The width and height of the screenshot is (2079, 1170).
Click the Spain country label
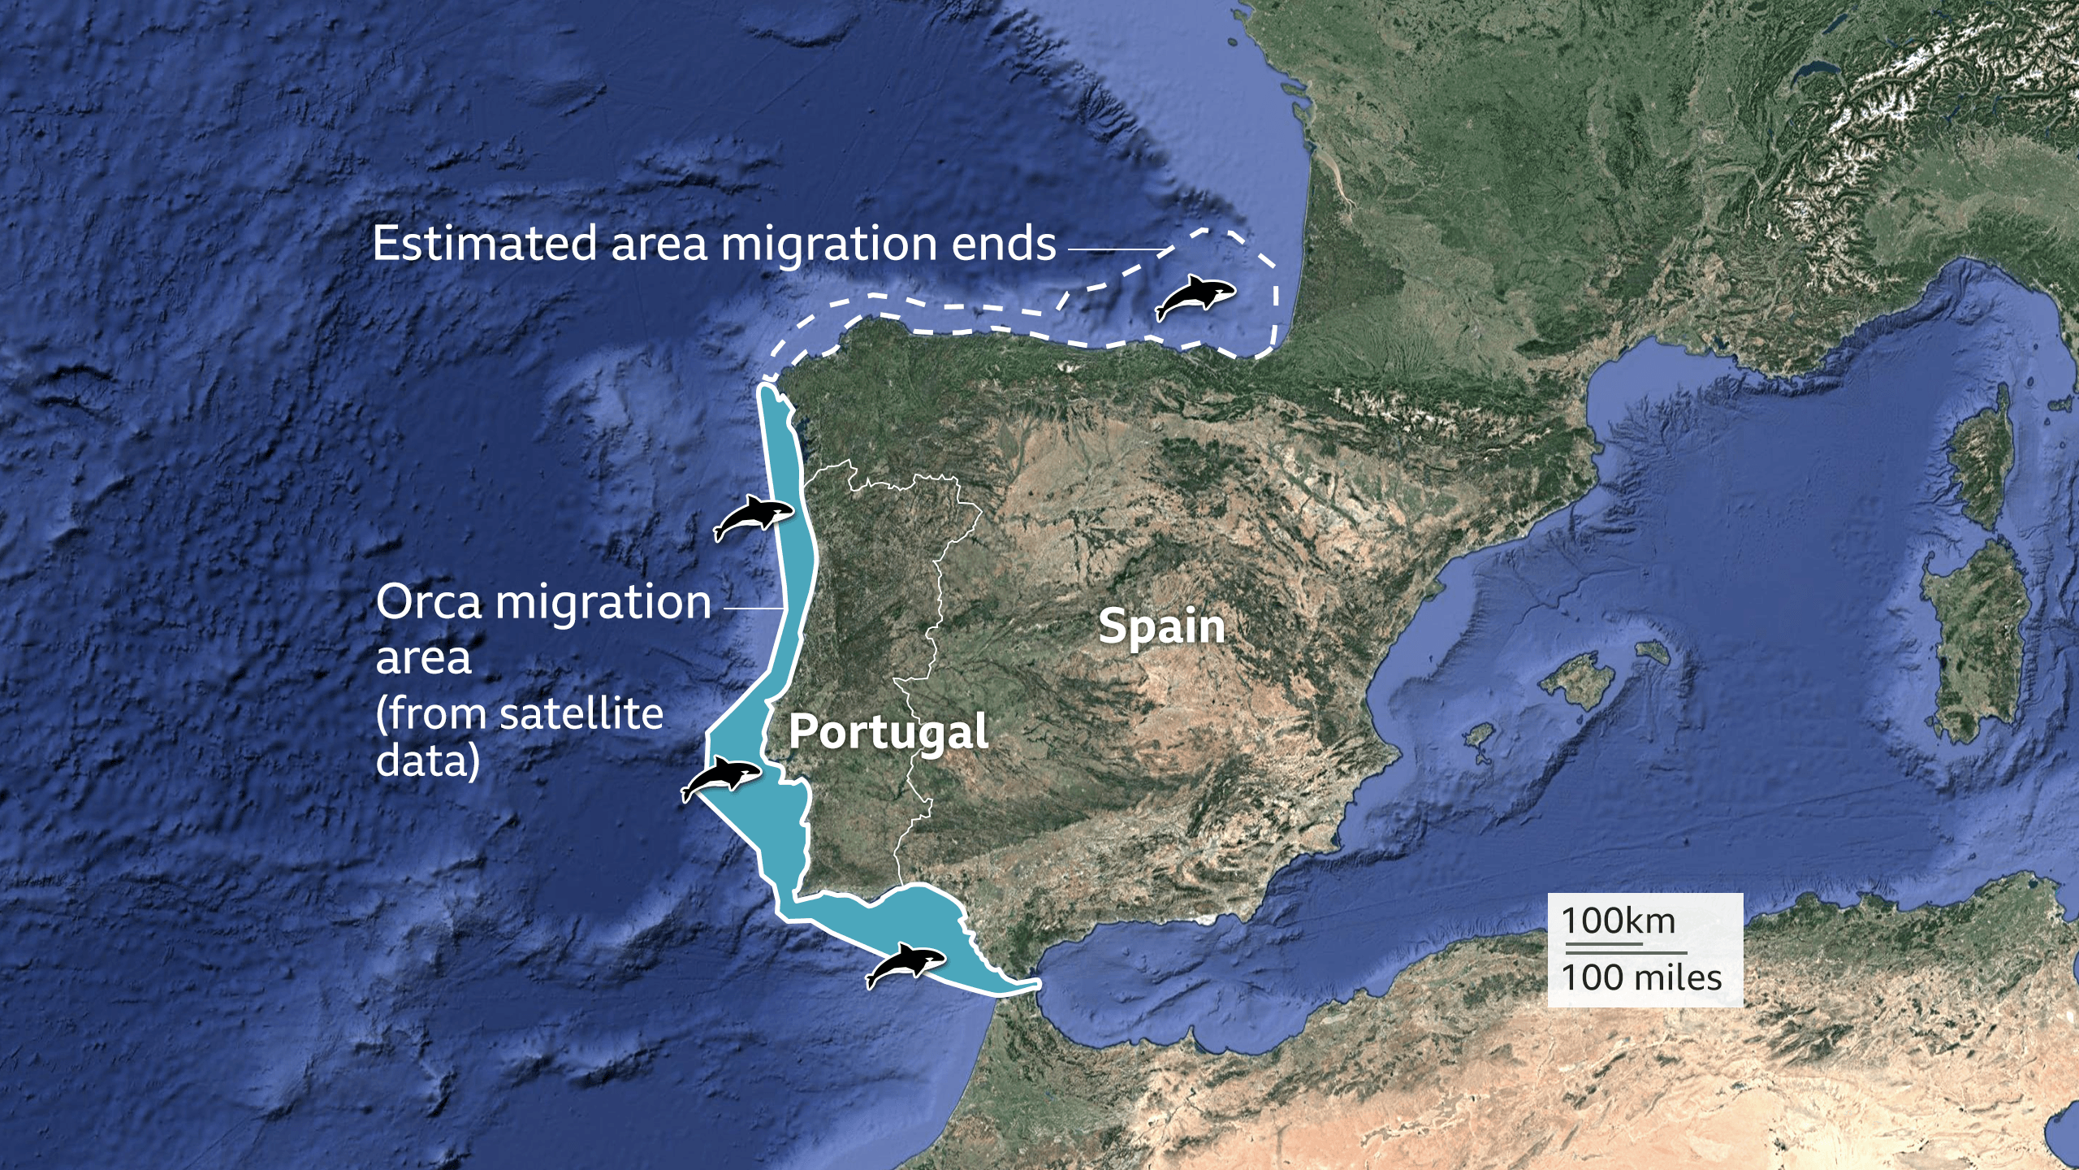(x=1161, y=627)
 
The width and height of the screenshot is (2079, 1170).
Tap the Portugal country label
(x=888, y=732)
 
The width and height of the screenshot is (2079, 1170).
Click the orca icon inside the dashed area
(x=1195, y=297)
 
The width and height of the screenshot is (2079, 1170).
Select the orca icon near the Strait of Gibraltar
(x=906, y=965)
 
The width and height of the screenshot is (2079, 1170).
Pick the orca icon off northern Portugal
(x=753, y=517)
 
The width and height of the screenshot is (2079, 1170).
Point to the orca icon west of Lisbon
(x=720, y=778)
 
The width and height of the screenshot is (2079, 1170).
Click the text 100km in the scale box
(x=1618, y=921)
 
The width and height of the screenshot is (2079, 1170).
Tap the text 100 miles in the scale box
(x=1641, y=977)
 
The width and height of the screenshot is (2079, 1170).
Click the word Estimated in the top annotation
(x=485, y=244)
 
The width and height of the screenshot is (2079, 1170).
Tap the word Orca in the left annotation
(x=428, y=603)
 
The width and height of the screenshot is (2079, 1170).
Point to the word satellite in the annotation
(x=581, y=715)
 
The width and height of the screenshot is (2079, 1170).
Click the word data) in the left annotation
(x=428, y=761)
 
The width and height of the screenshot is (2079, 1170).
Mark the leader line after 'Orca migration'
(x=754, y=608)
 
